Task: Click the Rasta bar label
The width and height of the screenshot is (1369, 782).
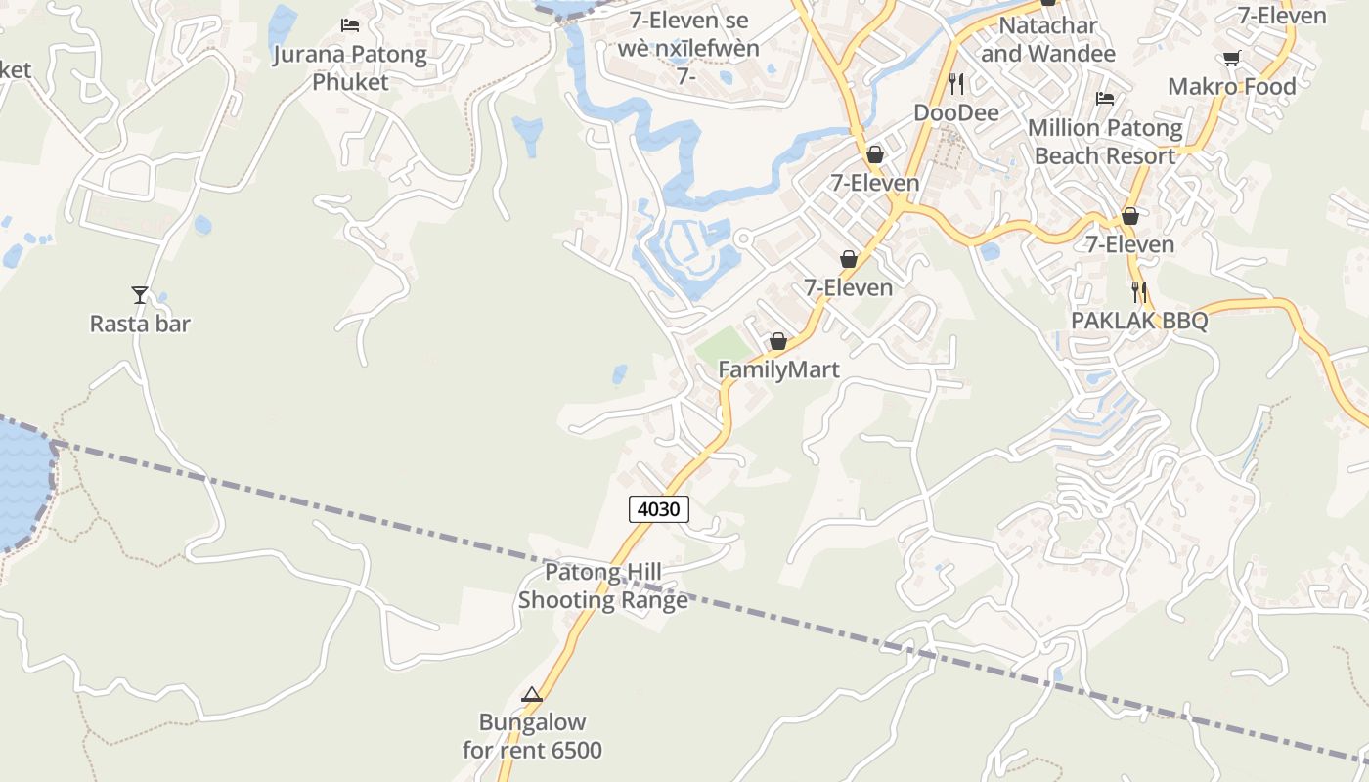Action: (140, 324)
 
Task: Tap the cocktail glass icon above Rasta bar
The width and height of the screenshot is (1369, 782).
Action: (140, 293)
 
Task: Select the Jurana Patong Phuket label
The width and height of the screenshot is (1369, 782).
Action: (350, 67)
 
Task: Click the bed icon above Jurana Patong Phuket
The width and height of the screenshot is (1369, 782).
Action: (350, 24)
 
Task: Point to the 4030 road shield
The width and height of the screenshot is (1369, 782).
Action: (659, 509)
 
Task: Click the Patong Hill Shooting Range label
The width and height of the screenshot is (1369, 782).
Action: (603, 586)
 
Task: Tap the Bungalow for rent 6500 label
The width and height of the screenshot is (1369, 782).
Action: (532, 736)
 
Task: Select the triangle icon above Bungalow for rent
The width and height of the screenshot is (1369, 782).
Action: (532, 695)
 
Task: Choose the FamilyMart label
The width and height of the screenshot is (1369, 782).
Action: (778, 370)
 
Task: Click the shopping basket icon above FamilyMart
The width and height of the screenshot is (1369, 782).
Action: (778, 341)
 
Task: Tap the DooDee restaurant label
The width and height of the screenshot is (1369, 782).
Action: (956, 112)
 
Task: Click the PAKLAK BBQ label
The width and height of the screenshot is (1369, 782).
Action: (1139, 321)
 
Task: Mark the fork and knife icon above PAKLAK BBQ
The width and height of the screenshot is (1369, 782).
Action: (1138, 291)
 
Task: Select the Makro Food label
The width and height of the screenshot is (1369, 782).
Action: (1232, 86)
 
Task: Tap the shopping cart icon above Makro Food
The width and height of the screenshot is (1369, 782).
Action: (1232, 58)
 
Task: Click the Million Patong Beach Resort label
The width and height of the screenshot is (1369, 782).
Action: (1105, 142)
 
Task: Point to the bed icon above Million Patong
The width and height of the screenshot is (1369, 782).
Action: (1105, 98)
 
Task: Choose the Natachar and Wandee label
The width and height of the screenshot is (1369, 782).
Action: (1048, 39)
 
